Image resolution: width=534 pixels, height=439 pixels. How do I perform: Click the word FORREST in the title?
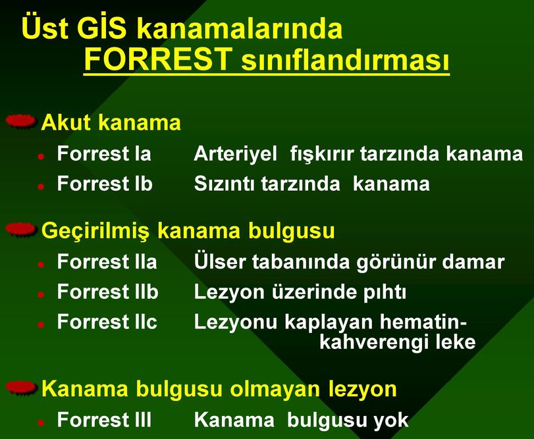(158, 59)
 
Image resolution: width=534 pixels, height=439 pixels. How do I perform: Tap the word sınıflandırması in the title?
(345, 60)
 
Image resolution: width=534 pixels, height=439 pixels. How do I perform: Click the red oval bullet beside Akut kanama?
(21, 122)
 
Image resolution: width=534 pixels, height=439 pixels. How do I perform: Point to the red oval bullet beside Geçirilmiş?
(21, 229)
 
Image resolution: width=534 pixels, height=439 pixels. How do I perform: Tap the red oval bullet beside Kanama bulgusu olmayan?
(21, 387)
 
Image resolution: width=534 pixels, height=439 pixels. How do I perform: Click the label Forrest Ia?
(104, 153)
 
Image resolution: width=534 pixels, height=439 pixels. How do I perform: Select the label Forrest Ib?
(105, 184)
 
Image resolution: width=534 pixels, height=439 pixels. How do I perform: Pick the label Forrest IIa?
(107, 262)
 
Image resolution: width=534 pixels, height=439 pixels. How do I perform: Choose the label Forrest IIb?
(107, 292)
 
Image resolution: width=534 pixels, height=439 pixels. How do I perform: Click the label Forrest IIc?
(107, 322)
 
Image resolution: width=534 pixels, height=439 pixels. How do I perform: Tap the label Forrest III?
(104, 419)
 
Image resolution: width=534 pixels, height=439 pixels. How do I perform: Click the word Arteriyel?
(235, 154)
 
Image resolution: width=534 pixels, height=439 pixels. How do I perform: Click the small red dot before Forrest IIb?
(41, 294)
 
